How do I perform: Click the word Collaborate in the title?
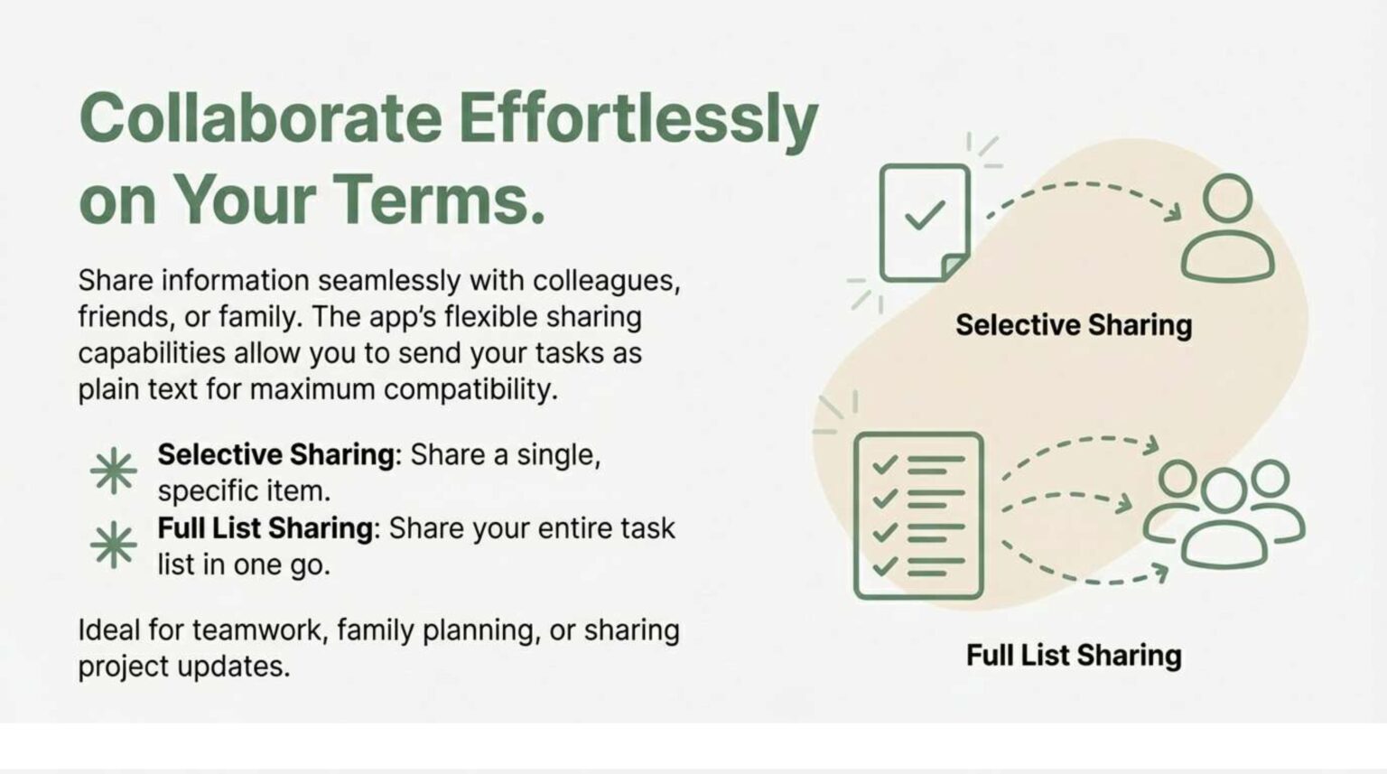pos(261,118)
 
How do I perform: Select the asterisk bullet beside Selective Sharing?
pos(113,471)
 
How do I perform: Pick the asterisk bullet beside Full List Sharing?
pos(113,545)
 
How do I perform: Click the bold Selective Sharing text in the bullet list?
pos(275,454)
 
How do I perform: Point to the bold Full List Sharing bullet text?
pos(265,528)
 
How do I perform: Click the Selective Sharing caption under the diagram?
pos(1074,325)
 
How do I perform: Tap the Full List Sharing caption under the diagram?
pos(1074,655)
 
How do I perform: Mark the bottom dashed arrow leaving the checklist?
pos(1081,580)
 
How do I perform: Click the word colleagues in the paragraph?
pos(606,281)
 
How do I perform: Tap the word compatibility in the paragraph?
pos(470,390)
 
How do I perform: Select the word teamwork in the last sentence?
pos(260,630)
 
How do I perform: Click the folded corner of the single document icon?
pos(954,266)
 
